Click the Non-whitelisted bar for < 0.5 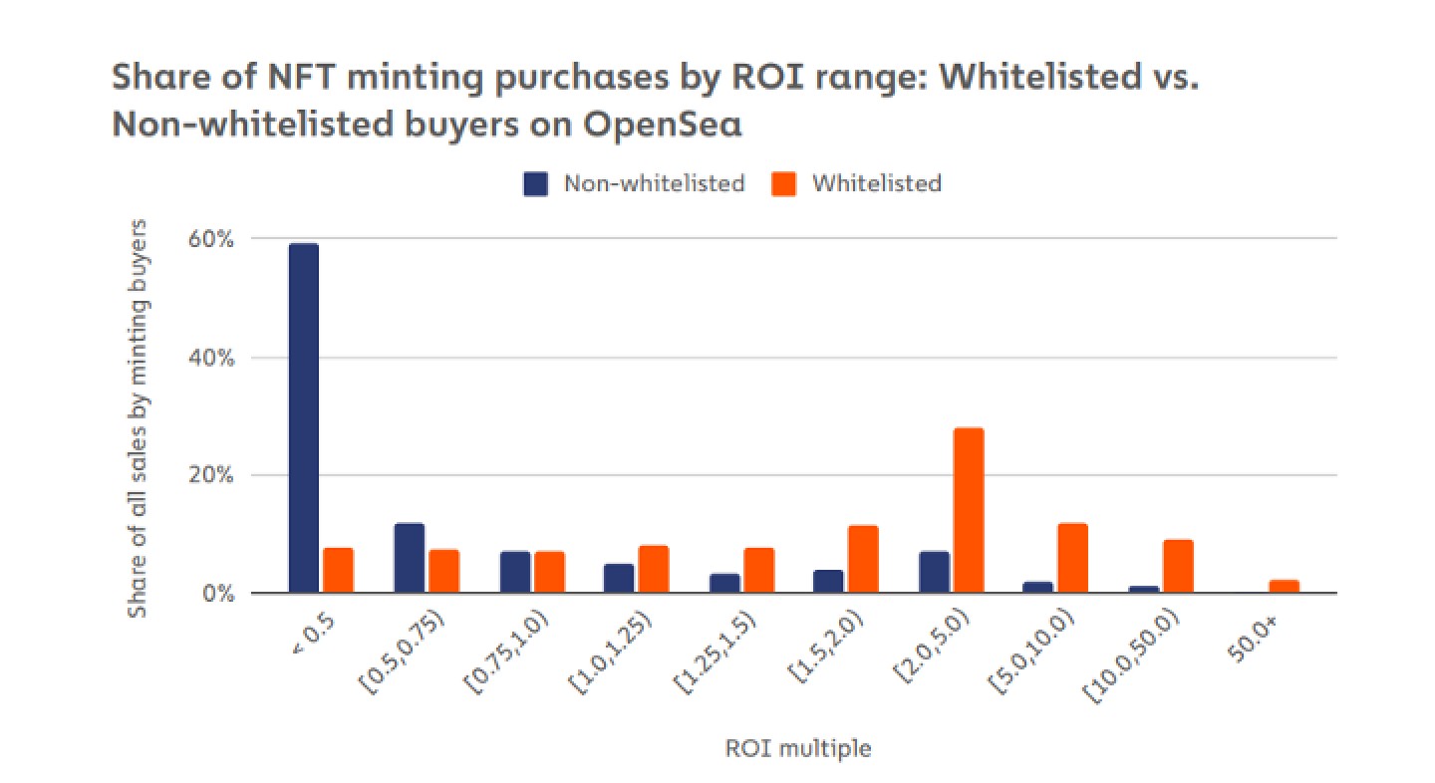coord(303,418)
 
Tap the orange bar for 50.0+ coord(1284,587)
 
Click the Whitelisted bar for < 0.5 coord(338,571)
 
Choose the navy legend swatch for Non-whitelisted coord(536,183)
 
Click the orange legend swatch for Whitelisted coord(784,183)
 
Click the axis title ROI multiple coord(797,748)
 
